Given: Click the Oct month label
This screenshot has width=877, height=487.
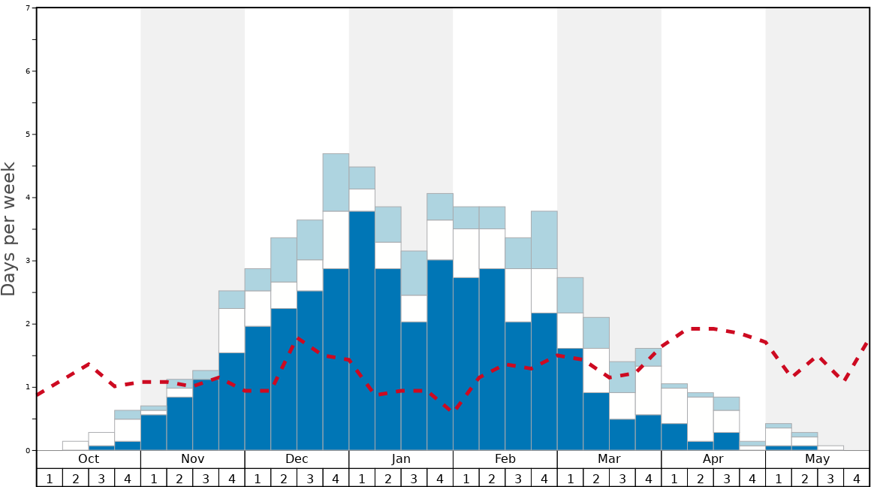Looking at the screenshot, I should coord(89,459).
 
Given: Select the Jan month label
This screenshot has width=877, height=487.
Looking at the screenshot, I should coord(401,459).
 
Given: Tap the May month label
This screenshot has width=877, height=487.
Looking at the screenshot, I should coord(818,459).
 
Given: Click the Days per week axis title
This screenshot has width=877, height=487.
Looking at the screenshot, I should coord(9,229).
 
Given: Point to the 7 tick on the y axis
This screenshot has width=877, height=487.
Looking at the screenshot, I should coord(28,8).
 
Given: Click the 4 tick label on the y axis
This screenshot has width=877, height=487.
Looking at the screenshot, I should coord(28,198).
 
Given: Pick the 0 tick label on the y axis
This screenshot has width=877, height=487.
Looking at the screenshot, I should coord(28,450).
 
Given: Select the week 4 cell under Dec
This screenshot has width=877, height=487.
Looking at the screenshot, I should coord(336,478).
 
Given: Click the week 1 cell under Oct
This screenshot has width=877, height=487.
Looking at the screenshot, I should coord(50,478).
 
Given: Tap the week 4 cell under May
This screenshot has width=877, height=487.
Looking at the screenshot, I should coord(857,478).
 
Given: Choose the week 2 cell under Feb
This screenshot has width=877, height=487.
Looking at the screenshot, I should coord(492,478).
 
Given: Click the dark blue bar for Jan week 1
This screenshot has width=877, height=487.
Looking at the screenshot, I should coord(362,331).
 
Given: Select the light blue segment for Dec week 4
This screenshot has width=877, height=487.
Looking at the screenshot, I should coord(336,182).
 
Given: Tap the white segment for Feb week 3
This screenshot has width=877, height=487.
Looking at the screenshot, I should coord(518,295).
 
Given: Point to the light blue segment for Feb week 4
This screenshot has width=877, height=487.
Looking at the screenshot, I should coord(544,240).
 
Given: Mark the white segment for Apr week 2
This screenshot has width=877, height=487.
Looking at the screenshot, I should coord(701,419).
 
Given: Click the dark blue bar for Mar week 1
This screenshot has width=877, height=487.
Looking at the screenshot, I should coord(570,399).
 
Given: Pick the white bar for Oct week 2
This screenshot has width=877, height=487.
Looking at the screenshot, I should coord(76,446).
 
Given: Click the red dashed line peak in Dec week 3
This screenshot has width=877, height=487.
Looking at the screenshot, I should coord(299,339).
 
